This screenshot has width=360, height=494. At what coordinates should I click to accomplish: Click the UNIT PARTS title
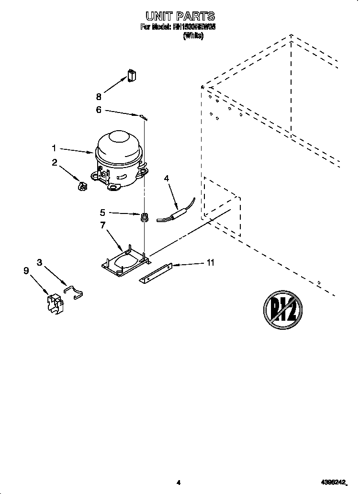[178, 17]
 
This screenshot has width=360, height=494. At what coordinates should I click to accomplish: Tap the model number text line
[178, 27]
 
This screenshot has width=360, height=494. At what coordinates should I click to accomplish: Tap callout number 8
[99, 96]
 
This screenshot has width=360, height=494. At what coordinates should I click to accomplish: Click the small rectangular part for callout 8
[132, 76]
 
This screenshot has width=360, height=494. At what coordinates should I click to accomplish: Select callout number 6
[99, 110]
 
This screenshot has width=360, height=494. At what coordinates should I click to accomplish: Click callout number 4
[167, 178]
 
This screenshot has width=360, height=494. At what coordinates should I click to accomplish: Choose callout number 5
[102, 213]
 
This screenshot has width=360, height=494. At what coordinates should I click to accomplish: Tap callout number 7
[102, 225]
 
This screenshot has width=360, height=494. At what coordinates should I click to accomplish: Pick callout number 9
[26, 270]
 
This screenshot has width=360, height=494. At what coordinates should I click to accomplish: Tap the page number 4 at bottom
[178, 483]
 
